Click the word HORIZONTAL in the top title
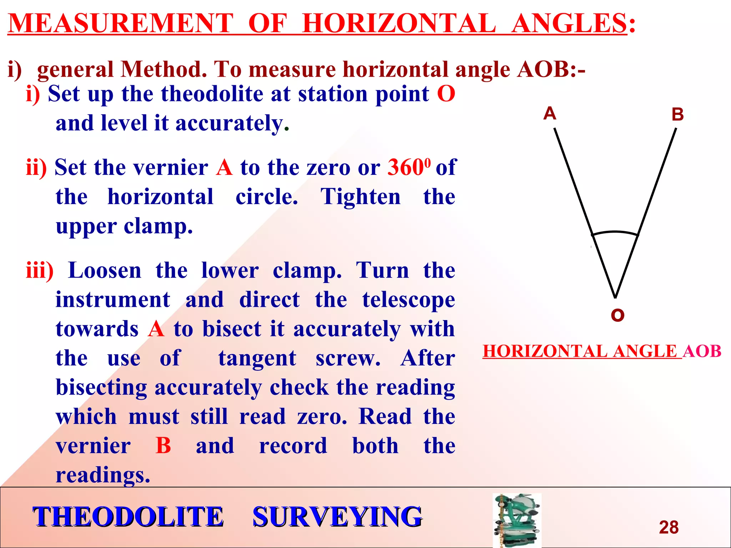point(399,23)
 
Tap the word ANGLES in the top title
point(569,23)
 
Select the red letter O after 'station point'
point(446,94)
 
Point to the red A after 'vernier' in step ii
point(225,167)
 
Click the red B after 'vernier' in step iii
point(163,446)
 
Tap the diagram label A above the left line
point(550,113)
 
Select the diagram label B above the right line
point(677,115)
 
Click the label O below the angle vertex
point(617,315)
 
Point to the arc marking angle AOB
point(615,232)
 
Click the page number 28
point(669,527)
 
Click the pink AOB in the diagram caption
point(702,351)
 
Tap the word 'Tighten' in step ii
point(361,197)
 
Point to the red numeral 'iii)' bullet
point(40,270)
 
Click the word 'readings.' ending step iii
point(103,475)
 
